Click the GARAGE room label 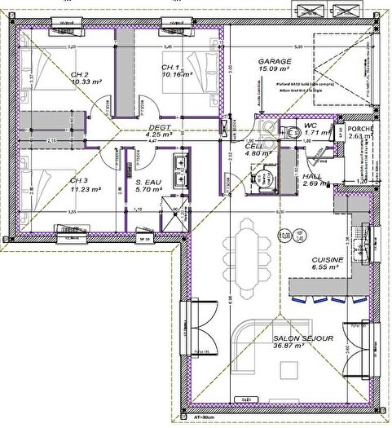coord(275,61)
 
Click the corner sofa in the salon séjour coord(244,342)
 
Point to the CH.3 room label coord(79,180)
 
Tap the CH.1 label coord(170,67)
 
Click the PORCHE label coord(359,128)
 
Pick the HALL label coord(313,177)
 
